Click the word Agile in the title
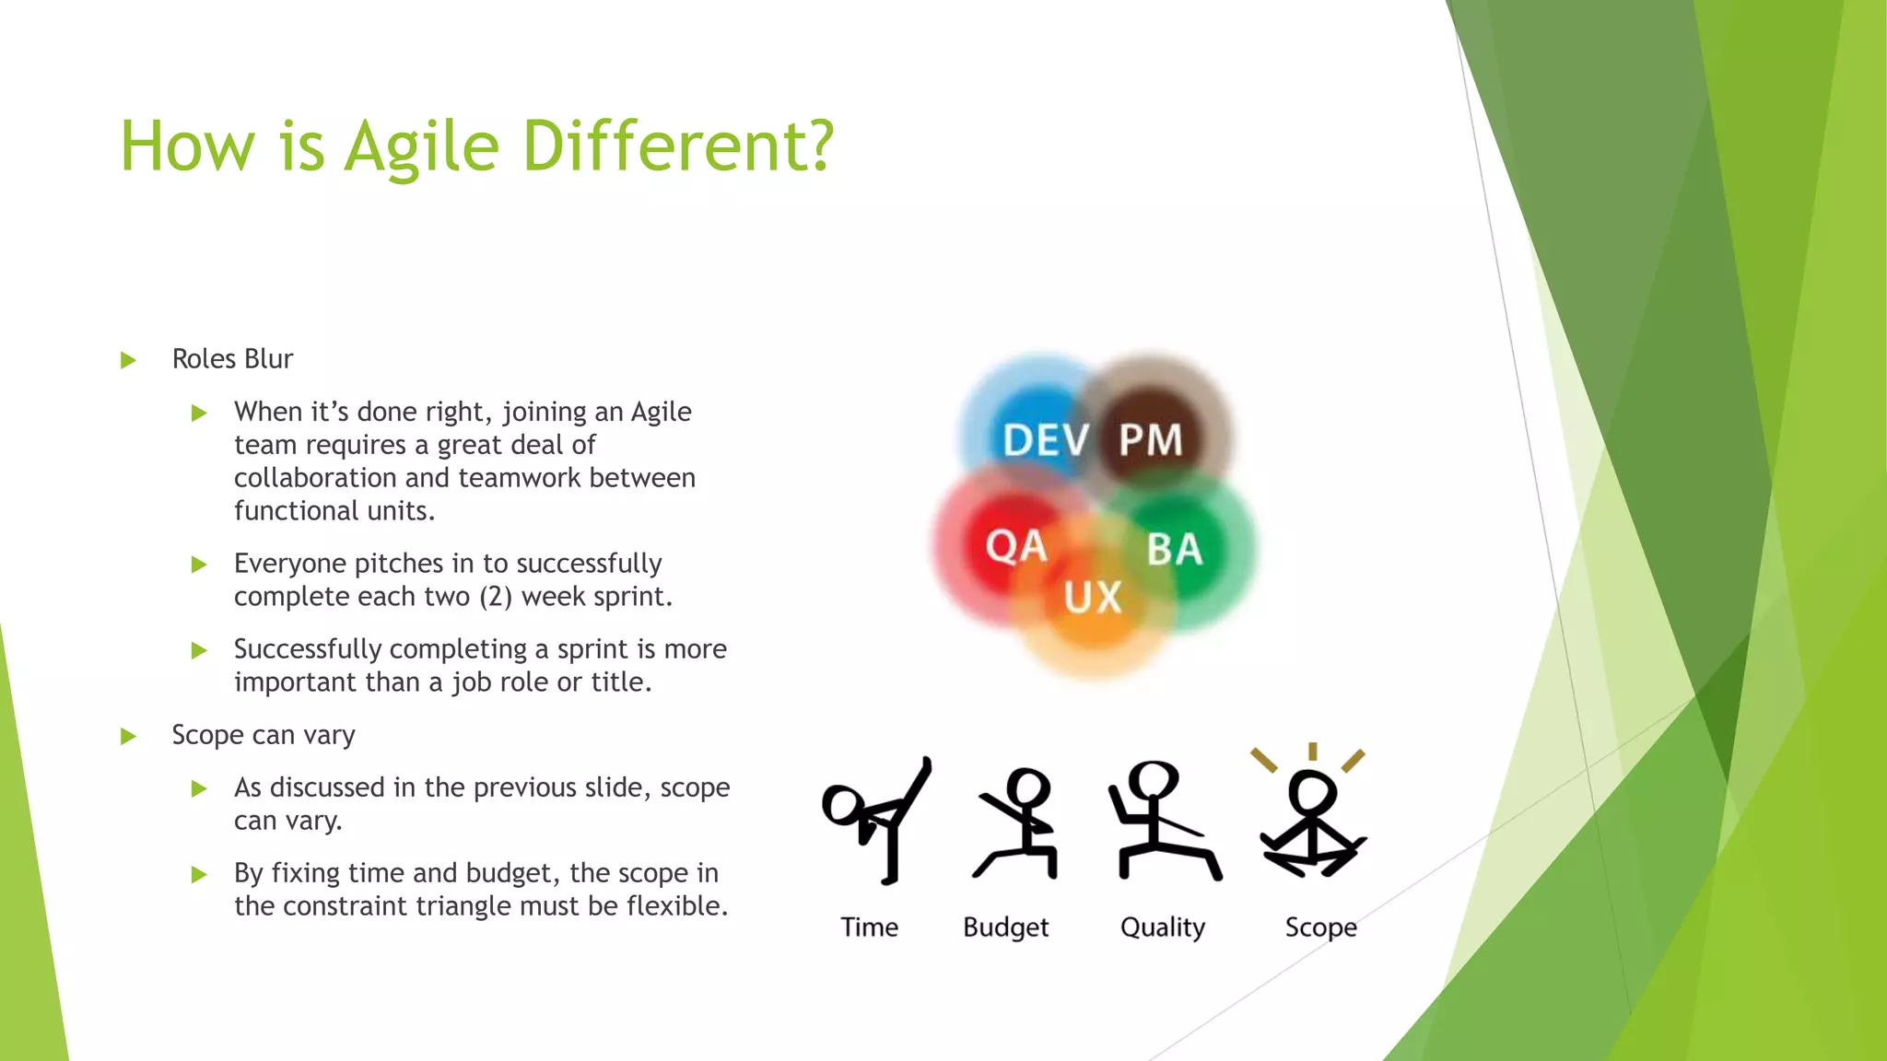tap(421, 147)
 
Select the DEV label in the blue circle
tap(1046, 440)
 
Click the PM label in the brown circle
tap(1150, 440)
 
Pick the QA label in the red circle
tap(1016, 547)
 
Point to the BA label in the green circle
tap(1175, 550)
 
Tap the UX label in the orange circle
tap(1093, 598)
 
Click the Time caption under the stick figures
tap(869, 927)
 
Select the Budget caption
tap(1005, 927)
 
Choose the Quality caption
tap(1162, 927)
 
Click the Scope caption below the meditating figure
tap(1320, 927)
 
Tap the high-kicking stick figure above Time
tap(880, 820)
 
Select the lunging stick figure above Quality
tap(1162, 820)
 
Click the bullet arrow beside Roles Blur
tap(128, 360)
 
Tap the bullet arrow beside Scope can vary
tap(128, 736)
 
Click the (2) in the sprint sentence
tap(496, 597)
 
